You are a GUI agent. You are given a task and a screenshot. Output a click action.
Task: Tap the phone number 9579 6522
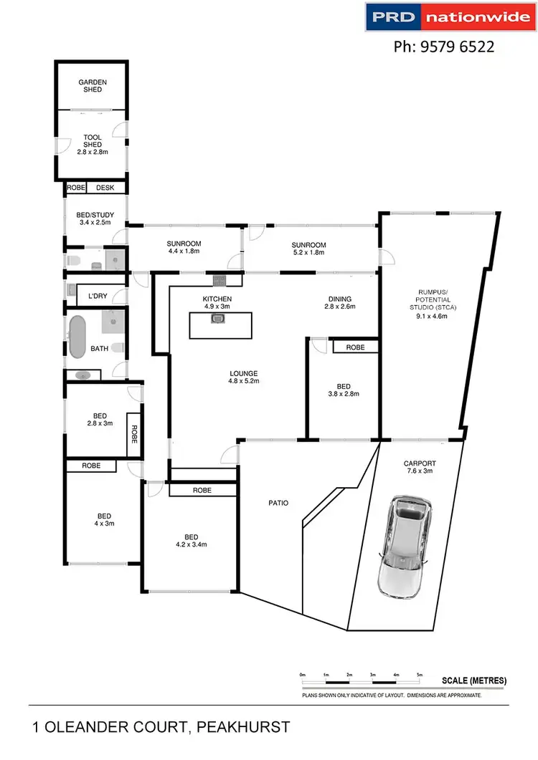coord(444,47)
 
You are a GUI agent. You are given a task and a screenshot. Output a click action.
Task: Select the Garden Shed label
coord(93,86)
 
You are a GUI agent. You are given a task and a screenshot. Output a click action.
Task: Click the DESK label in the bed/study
coord(105,188)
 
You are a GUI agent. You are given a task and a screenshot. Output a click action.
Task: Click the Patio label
coord(278,503)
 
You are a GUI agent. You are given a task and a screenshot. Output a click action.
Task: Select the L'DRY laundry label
coord(97,296)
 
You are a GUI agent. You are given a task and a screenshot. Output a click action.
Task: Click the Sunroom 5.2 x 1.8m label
coord(308,249)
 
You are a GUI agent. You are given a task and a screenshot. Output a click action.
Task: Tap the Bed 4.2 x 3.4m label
coord(191,542)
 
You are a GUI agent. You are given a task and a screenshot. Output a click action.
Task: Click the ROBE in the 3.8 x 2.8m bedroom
coord(355,347)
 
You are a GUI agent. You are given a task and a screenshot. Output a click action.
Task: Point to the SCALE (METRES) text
coord(474,680)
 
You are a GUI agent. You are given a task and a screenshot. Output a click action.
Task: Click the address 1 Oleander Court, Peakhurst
coord(161,728)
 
